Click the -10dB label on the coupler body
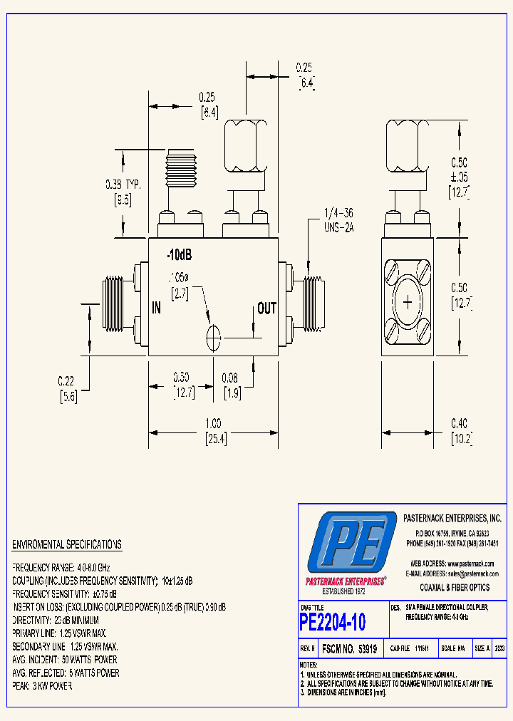[x=180, y=255]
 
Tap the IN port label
[x=157, y=308]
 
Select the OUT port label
[x=266, y=308]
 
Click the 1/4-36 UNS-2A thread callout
[x=338, y=220]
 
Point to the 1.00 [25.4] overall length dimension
[x=214, y=432]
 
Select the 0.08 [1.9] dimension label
[x=230, y=385]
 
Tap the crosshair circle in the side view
[x=408, y=303]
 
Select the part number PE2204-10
[x=333, y=622]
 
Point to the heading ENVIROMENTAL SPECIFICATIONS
[x=66, y=545]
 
